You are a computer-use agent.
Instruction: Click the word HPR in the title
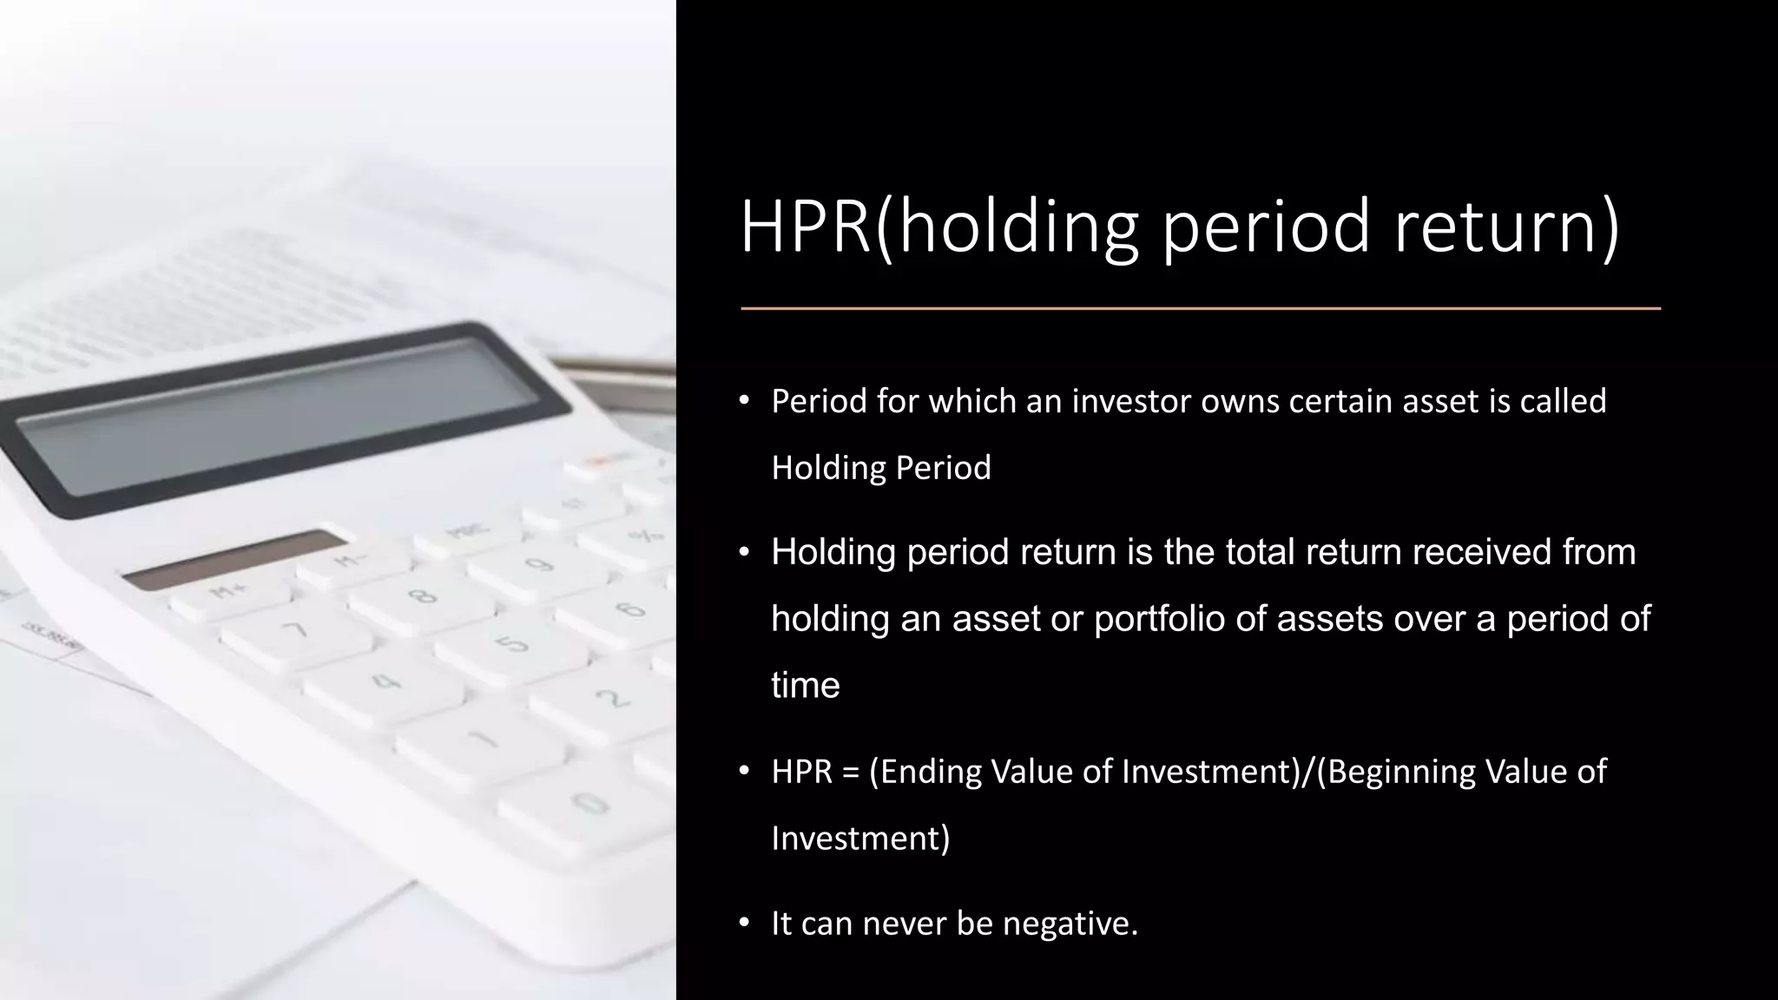tap(805, 227)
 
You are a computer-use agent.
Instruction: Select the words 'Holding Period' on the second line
tap(880, 468)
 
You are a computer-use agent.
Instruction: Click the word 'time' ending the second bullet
tap(805, 686)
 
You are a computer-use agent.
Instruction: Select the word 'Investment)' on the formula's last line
tap(859, 839)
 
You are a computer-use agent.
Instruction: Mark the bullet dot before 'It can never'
tap(744, 922)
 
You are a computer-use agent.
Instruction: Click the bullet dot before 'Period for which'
tap(744, 400)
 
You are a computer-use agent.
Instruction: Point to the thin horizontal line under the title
tap(1200, 308)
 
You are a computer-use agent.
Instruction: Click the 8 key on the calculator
tap(423, 597)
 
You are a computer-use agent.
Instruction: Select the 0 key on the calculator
tap(590, 803)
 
